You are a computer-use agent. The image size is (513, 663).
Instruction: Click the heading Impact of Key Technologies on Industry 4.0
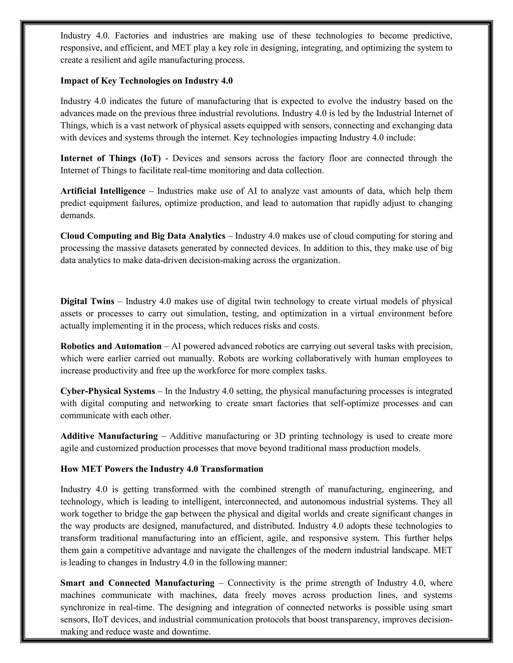[x=147, y=81]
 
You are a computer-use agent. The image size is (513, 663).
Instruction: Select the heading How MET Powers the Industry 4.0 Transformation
[x=162, y=469]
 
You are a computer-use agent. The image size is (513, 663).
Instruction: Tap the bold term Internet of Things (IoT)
[x=111, y=158]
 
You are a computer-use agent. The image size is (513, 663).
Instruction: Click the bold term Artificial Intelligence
[x=103, y=191]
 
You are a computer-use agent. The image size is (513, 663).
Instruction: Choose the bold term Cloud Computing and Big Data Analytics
[x=143, y=236]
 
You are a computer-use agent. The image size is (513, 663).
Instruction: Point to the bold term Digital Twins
[x=87, y=301]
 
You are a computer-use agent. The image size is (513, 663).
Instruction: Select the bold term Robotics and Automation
[x=111, y=346]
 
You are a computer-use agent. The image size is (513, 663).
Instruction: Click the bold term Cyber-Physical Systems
[x=107, y=391]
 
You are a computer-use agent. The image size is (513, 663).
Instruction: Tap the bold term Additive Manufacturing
[x=109, y=436]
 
